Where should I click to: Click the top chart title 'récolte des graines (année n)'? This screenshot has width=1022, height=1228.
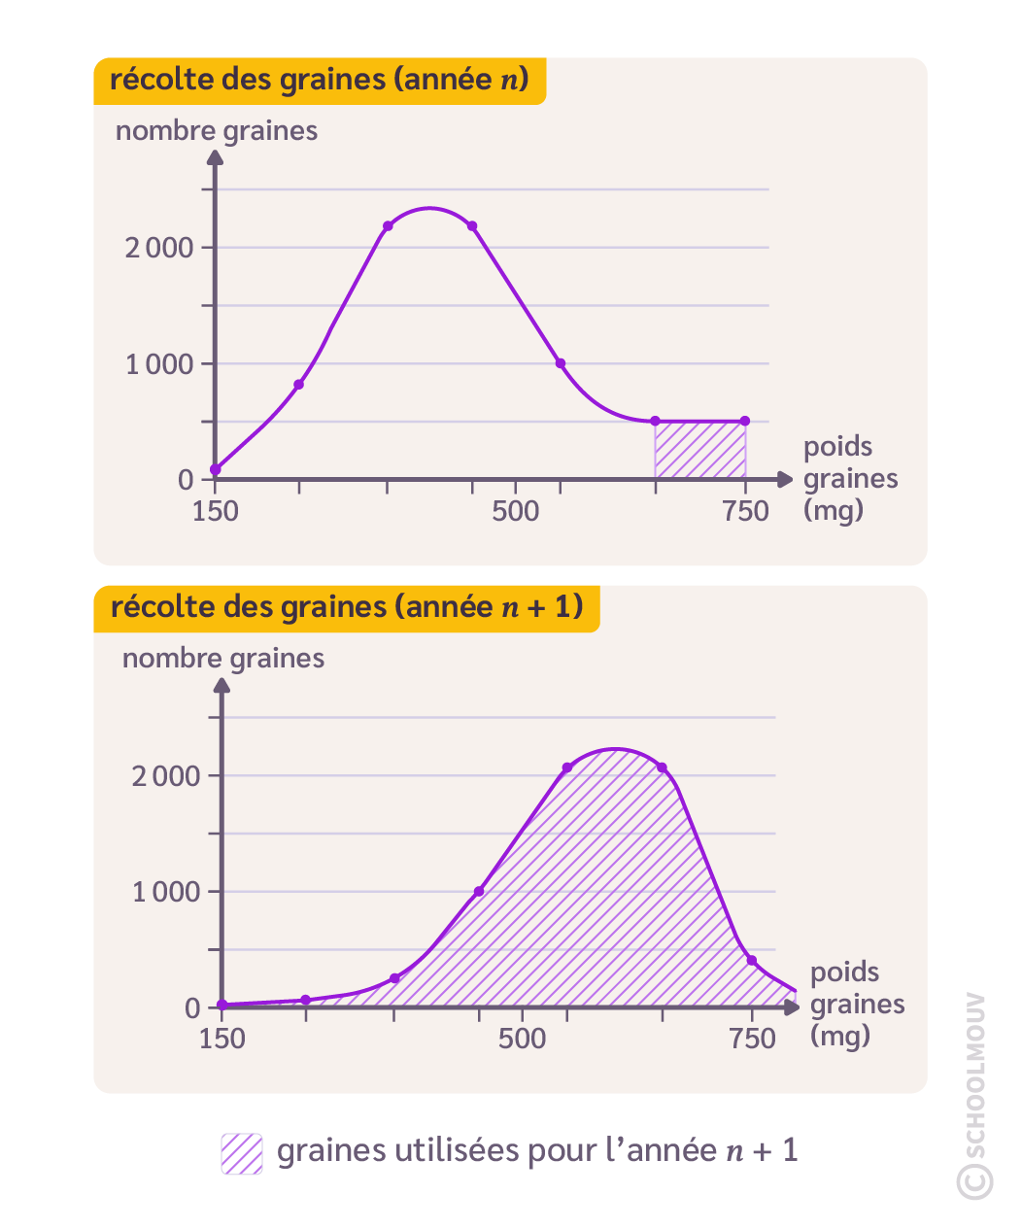point(319,80)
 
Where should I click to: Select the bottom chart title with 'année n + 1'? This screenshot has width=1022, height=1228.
point(346,607)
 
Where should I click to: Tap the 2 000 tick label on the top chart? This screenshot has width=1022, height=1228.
point(159,248)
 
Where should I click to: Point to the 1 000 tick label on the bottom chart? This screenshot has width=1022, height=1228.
point(166,892)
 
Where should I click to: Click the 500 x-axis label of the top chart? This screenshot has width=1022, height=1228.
point(515,511)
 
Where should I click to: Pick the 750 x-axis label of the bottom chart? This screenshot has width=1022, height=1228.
point(753,1039)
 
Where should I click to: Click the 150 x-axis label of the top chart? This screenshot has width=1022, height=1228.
point(216,511)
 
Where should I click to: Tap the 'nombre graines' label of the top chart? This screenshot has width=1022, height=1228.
point(217,131)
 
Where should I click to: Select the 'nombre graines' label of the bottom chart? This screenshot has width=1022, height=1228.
point(223,659)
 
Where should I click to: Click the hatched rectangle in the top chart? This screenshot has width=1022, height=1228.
point(700,450)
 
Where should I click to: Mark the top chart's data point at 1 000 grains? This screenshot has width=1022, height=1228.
point(561,363)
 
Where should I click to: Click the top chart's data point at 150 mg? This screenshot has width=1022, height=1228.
point(216,470)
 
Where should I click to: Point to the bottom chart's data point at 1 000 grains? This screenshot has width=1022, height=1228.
point(479,891)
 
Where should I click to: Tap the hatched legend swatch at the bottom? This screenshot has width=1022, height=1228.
point(242,1153)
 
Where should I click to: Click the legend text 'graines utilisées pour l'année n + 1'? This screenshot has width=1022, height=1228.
point(537,1151)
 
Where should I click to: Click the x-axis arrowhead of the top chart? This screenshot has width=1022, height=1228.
point(785,479)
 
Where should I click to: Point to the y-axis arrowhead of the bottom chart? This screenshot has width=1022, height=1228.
point(222,685)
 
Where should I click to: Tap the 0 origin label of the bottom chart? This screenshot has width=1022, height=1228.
point(192,1008)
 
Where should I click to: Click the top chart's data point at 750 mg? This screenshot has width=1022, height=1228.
point(745,421)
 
